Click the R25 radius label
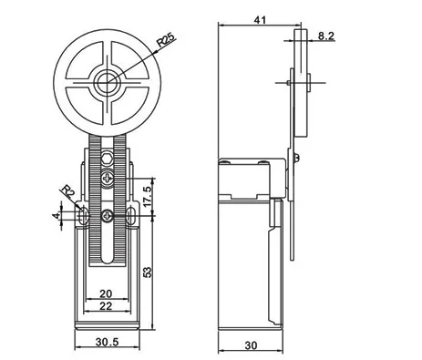166,40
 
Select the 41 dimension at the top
260,20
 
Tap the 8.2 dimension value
326,36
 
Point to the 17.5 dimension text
148,197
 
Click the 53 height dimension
148,273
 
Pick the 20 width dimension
106,293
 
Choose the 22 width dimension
106,306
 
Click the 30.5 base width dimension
107,342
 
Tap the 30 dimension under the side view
251,345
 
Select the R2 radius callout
68,191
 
